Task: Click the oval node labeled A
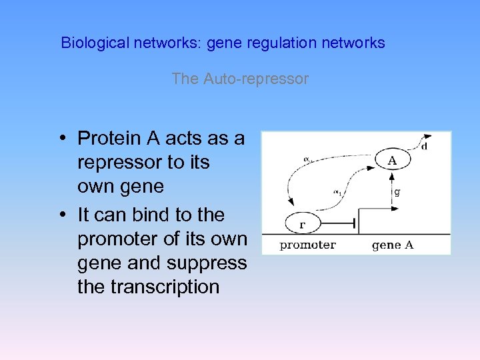click(392, 160)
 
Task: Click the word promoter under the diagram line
click(307, 245)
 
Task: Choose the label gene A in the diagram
click(393, 245)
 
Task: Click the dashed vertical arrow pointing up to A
click(391, 193)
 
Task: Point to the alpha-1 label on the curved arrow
click(337, 192)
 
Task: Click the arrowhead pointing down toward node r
click(291, 202)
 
